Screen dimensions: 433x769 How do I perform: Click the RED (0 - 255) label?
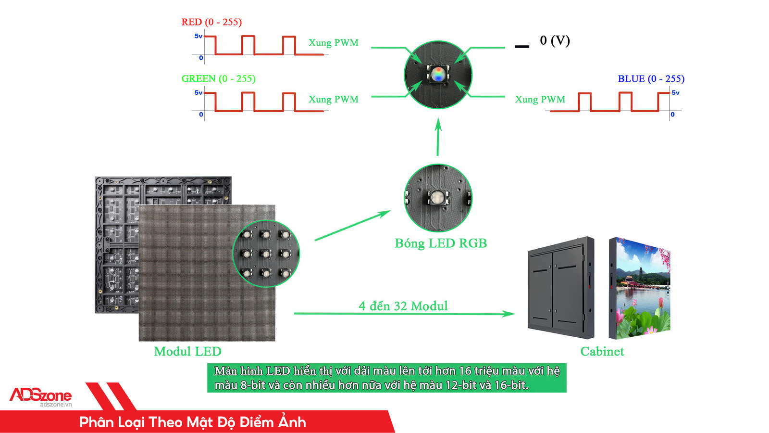click(211, 22)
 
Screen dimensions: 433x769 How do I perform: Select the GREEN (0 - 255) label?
click(218, 78)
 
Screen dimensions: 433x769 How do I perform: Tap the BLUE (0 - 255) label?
click(651, 78)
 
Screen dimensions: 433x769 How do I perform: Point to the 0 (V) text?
click(555, 40)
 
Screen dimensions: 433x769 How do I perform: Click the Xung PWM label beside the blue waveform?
click(540, 100)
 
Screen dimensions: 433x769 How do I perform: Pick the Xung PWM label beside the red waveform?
click(333, 43)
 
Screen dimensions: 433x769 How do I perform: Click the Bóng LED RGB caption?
click(441, 243)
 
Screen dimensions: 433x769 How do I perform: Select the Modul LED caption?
click(187, 352)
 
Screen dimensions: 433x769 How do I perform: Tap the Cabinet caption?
click(602, 352)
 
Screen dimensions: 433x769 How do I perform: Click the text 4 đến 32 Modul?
click(403, 306)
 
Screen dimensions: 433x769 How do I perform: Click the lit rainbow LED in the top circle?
click(438, 74)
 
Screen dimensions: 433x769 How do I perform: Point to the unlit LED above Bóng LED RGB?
click(437, 197)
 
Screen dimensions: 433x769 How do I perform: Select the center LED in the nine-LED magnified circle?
click(265, 253)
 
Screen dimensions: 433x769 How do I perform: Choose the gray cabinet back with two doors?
click(560, 288)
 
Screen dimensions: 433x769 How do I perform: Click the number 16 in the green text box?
click(465, 371)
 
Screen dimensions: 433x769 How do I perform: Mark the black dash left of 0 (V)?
click(522, 47)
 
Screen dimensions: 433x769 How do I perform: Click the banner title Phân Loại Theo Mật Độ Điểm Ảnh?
click(192, 422)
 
